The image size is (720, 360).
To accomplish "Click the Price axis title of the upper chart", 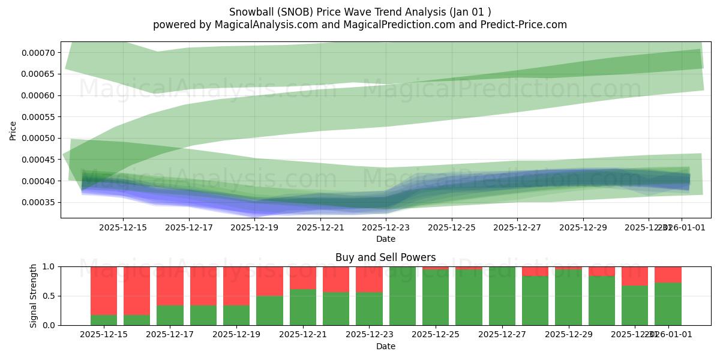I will point(13,130).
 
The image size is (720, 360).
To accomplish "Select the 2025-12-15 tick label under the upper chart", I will point(123,227).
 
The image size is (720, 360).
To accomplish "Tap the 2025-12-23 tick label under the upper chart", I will point(386,227).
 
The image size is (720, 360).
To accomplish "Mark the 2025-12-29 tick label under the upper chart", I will point(583,227).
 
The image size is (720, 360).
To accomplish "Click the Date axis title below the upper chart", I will point(386,239).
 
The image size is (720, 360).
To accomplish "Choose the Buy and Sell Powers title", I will point(386,257).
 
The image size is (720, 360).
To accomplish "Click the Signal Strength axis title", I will point(34,296).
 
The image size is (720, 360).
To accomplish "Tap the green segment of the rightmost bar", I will point(668,304).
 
